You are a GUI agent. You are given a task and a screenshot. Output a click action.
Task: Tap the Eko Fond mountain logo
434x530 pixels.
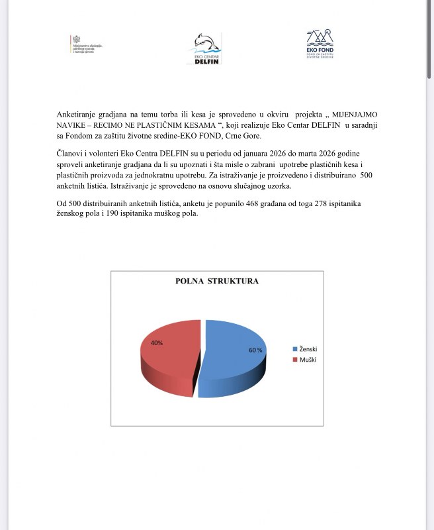point(320,44)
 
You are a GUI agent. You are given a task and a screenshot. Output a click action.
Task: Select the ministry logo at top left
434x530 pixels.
point(87,44)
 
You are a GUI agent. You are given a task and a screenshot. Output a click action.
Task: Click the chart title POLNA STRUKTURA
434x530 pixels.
point(216,281)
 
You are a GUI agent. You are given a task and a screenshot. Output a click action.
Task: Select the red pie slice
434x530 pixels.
point(169,354)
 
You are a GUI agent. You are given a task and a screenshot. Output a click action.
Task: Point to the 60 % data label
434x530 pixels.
point(255,350)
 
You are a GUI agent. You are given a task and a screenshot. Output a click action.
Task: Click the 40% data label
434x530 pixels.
point(157,343)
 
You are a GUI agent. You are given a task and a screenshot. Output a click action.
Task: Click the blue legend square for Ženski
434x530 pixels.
point(295,349)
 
